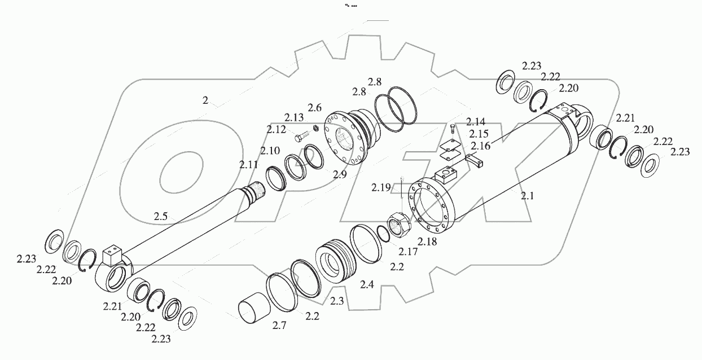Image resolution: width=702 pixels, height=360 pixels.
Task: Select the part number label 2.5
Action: (x=161, y=216)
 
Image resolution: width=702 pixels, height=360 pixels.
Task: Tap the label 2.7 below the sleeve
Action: (x=279, y=326)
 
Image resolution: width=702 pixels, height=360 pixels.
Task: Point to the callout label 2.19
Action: (x=380, y=187)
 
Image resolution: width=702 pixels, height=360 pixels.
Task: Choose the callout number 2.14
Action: (x=476, y=122)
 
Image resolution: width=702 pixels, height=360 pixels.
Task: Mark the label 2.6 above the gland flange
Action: (x=314, y=107)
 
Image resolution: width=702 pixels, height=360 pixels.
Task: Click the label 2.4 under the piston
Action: (x=367, y=285)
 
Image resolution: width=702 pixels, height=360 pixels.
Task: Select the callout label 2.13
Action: (x=293, y=118)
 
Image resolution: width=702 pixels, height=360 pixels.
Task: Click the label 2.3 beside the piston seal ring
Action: (x=337, y=301)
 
